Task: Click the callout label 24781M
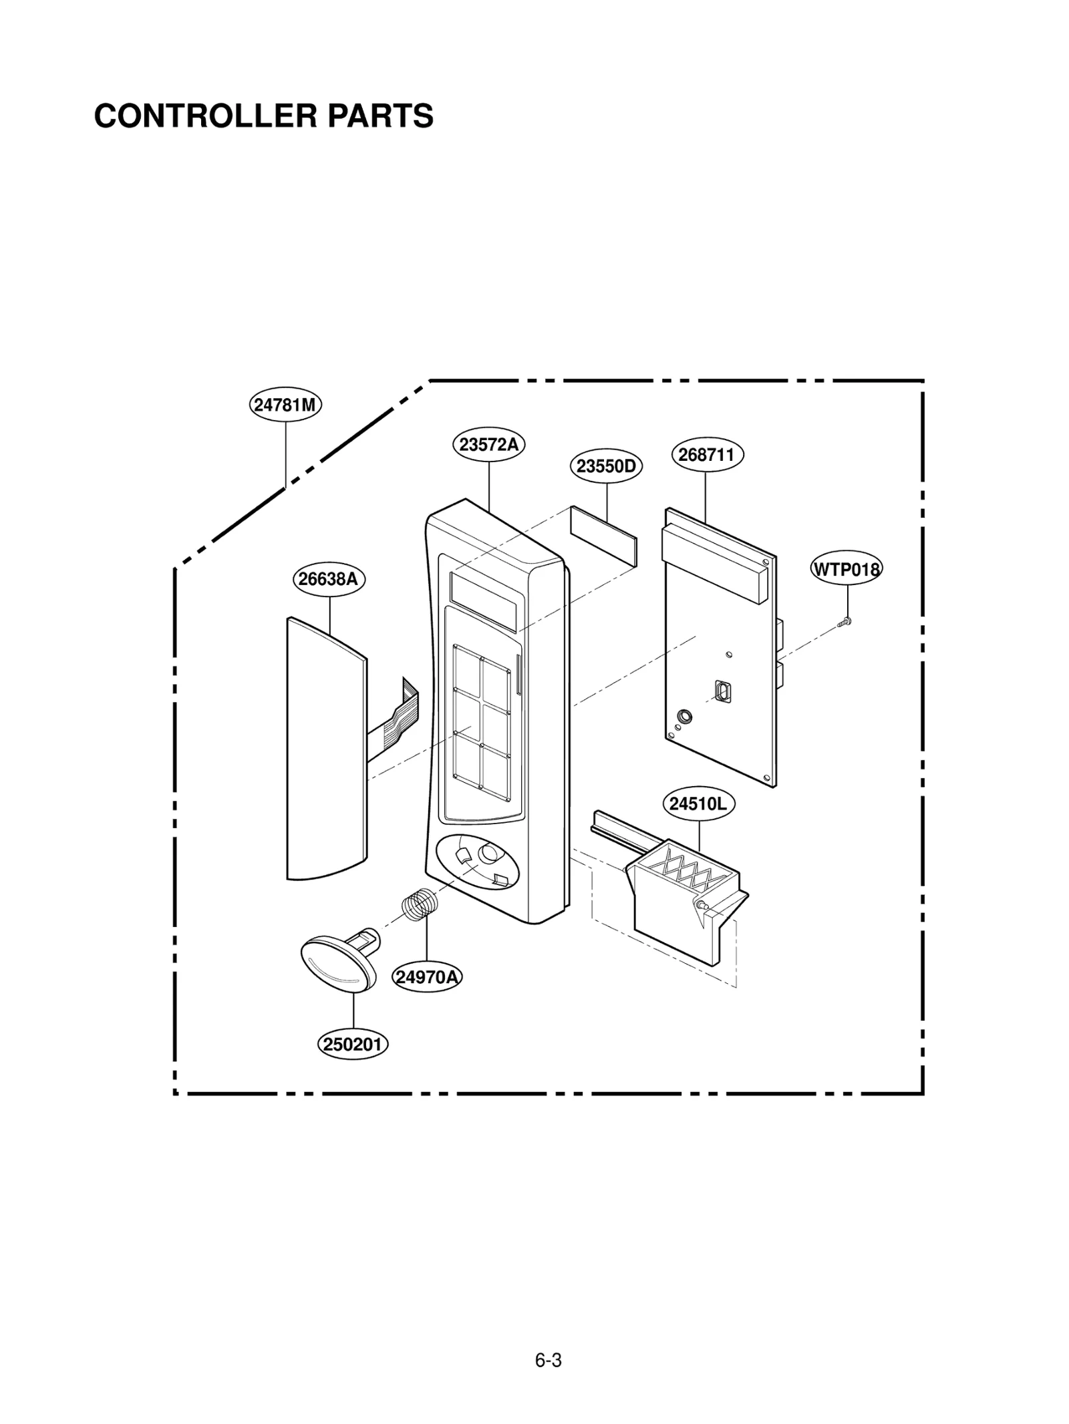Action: pyautogui.click(x=285, y=405)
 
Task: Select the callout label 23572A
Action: pyautogui.click(x=489, y=444)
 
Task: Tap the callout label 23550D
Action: pyautogui.click(x=606, y=466)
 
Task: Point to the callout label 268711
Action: pyautogui.click(x=706, y=455)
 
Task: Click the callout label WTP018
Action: pyautogui.click(x=847, y=569)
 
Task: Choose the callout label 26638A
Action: pyautogui.click(x=328, y=579)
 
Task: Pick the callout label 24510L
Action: pyautogui.click(x=698, y=804)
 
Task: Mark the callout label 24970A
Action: pyautogui.click(x=427, y=977)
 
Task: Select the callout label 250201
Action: pyautogui.click(x=352, y=1044)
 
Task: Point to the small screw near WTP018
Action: pyautogui.click(x=845, y=622)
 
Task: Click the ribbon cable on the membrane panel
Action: pyautogui.click(x=394, y=718)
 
